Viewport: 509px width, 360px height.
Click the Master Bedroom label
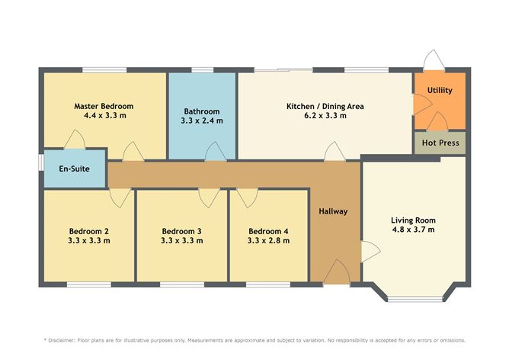pyautogui.click(x=104, y=106)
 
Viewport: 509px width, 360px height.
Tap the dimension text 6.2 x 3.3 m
pyautogui.click(x=325, y=115)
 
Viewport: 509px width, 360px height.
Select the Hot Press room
pyautogui.click(x=440, y=143)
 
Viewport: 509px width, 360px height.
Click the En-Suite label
pyautogui.click(x=75, y=169)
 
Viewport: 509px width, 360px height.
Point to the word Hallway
pyautogui.click(x=333, y=211)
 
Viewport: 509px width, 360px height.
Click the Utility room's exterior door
pyautogui.click(x=434, y=59)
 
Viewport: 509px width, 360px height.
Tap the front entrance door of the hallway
pyautogui.click(x=337, y=272)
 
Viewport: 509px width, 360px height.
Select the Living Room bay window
pyautogui.click(x=415, y=298)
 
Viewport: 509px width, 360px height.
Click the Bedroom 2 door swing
pyautogui.click(x=120, y=198)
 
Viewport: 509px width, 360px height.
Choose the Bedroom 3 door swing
pyautogui.click(x=210, y=198)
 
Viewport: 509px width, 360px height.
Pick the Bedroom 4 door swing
pyautogui.click(x=248, y=198)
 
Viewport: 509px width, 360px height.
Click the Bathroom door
pyautogui.click(x=216, y=152)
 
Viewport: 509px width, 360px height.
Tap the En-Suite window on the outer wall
pyautogui.click(x=41, y=162)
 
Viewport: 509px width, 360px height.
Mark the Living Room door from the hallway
pyautogui.click(x=370, y=252)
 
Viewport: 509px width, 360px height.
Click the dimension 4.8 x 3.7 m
pyautogui.click(x=413, y=230)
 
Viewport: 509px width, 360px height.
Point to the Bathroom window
pyautogui.click(x=203, y=70)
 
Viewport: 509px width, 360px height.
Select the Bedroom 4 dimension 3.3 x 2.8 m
pyautogui.click(x=268, y=241)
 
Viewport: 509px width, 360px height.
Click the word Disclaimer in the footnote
pyautogui.click(x=62, y=340)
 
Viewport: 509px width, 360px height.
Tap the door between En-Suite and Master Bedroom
pyautogui.click(x=75, y=140)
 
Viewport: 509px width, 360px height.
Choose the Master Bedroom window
pyautogui.click(x=104, y=70)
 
